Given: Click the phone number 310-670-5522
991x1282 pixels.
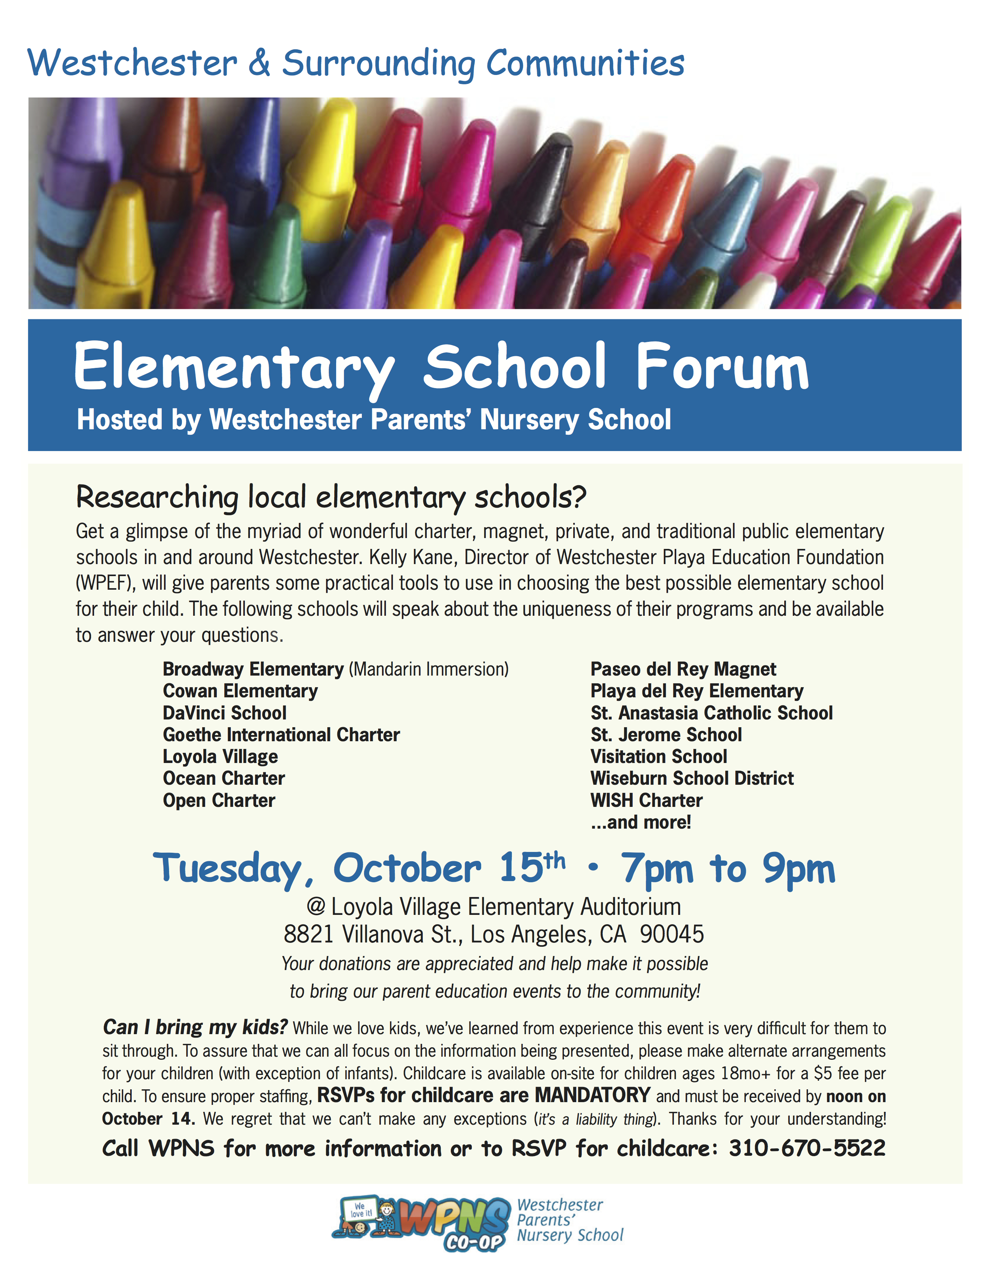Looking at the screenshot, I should (807, 1148).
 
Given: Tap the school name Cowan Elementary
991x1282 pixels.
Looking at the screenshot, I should (240, 691).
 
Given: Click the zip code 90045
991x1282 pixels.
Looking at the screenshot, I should (672, 934).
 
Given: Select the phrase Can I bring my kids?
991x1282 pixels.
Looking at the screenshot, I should (195, 1027).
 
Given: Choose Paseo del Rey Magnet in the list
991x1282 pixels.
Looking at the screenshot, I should (683, 669).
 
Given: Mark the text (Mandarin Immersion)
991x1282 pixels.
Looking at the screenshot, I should (429, 669).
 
